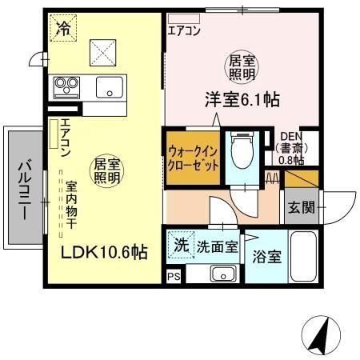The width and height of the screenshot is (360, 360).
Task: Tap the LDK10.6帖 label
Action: (105, 252)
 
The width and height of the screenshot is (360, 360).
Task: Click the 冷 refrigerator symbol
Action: (62, 30)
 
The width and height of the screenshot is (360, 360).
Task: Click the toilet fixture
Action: (239, 148)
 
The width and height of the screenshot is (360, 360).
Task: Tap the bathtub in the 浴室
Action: (303, 257)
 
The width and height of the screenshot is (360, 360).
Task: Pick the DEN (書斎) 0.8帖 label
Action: (290, 147)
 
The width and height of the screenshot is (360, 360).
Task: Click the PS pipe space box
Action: (173, 277)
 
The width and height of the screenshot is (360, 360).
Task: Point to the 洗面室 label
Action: (218, 247)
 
